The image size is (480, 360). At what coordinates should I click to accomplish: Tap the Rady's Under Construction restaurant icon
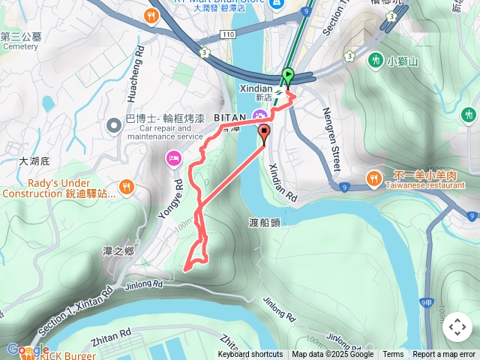(x=126, y=186)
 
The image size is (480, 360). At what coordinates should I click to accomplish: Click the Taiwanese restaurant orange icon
(x=373, y=178)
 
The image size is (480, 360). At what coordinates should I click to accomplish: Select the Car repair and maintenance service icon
(x=112, y=125)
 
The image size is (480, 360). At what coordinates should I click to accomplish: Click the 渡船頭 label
(x=264, y=222)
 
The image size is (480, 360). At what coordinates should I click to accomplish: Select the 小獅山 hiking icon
(x=375, y=59)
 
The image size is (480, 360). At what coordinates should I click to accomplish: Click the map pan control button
(x=457, y=327)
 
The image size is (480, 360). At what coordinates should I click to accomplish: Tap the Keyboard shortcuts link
(x=250, y=355)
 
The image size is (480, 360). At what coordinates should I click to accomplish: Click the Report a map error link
(x=444, y=355)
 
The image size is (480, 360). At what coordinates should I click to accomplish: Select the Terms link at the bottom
(x=393, y=355)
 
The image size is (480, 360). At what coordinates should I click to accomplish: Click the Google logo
(x=28, y=350)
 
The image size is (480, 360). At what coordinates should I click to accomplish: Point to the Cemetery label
(x=19, y=46)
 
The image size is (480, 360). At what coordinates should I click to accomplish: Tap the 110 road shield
(x=228, y=35)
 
